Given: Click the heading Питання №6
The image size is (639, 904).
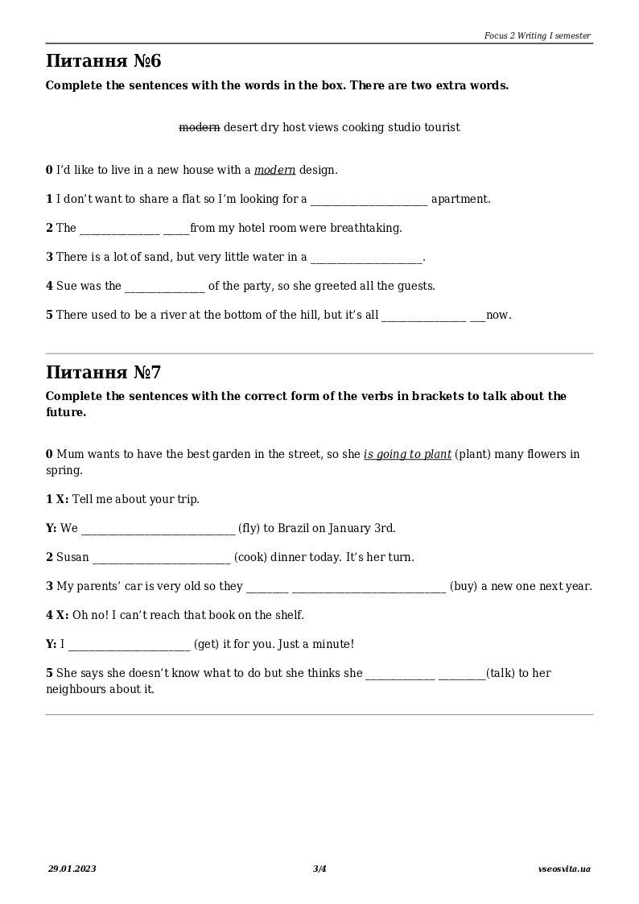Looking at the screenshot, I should point(104,61).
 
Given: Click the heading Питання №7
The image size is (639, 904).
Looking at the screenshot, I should point(104,373).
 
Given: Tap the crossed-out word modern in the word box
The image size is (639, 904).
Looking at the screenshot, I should point(199,127).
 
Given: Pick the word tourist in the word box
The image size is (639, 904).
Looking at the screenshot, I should point(445,127).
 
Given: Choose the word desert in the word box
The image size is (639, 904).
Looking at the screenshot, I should point(240,127).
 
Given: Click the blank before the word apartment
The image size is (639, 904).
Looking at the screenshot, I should point(369,200).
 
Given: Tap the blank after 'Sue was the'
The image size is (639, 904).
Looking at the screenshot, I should point(165,287).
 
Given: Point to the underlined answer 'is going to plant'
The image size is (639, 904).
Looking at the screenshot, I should point(407,455).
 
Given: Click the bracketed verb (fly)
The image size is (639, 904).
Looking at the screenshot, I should point(249,529).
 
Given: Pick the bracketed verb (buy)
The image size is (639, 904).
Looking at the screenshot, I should point(464,587).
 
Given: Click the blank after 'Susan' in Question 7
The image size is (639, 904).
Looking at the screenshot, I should point(161,558).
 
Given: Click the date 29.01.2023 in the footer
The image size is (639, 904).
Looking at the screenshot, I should point(72,869).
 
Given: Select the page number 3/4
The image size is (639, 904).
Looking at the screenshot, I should point(319,869).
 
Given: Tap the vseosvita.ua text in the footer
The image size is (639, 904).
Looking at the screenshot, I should point(564,869).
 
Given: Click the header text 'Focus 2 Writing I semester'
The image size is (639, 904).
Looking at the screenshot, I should point(537,35).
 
